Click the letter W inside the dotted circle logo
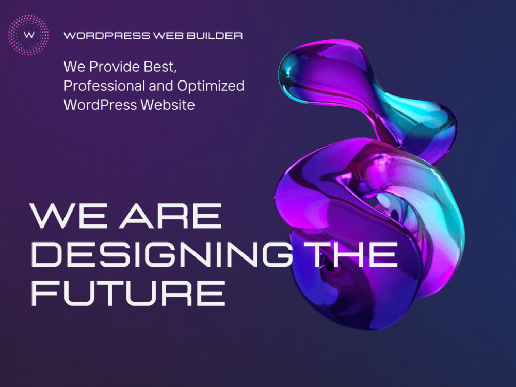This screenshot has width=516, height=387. coord(29,35)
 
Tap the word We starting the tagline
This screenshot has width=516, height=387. coord(73,67)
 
